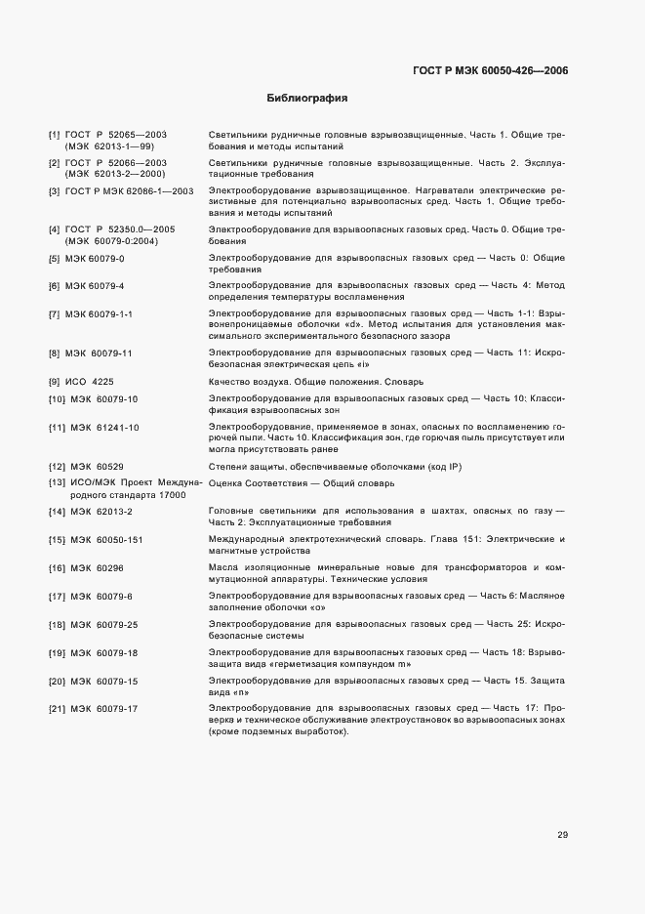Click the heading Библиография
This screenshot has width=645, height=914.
307,99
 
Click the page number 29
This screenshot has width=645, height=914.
563,834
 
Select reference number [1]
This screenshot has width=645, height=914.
54,134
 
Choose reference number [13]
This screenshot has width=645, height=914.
57,483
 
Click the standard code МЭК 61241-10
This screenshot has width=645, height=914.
104,428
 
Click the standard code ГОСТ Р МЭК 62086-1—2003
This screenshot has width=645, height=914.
130,190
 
